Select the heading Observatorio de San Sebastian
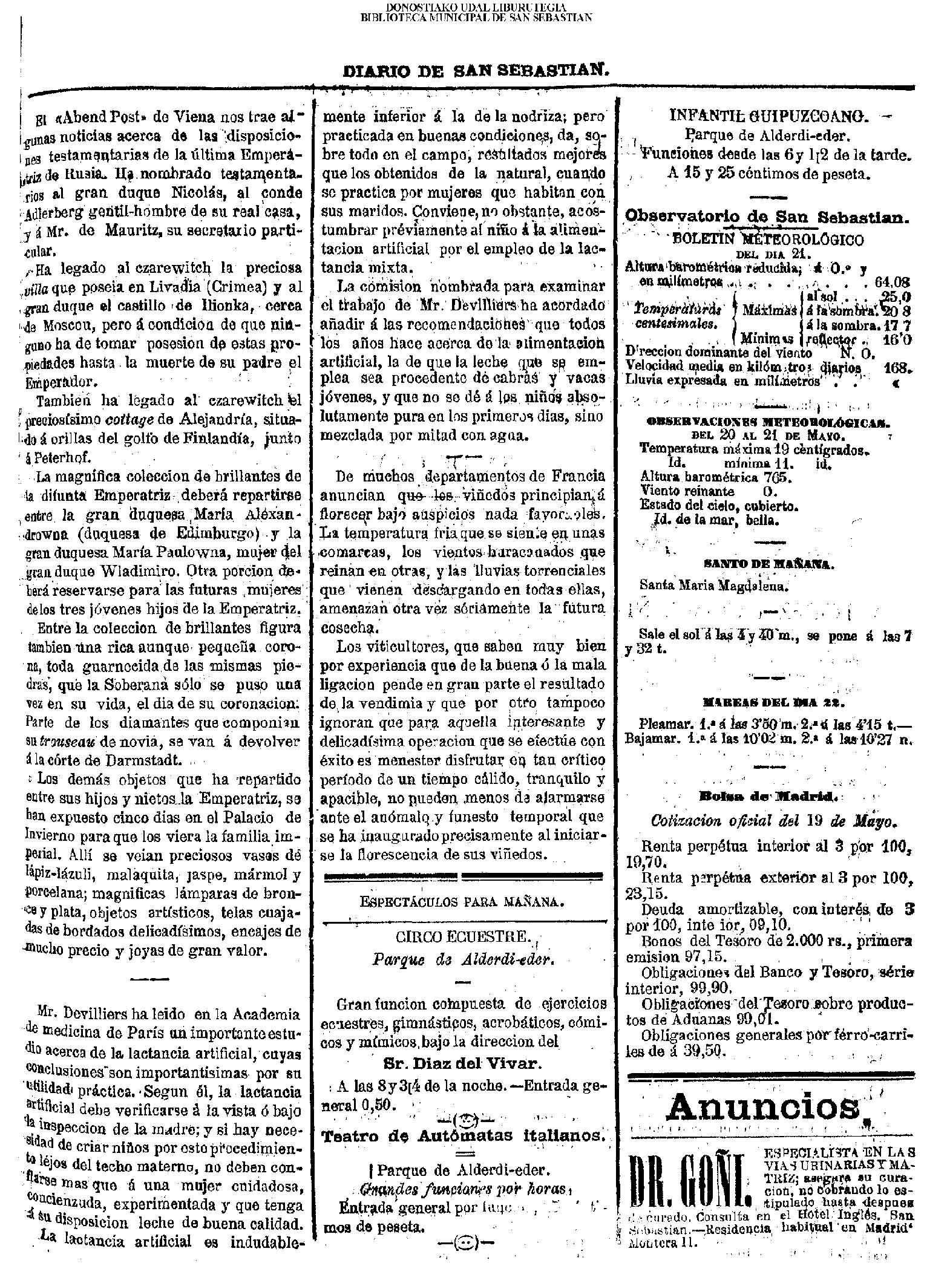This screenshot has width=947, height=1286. (767, 217)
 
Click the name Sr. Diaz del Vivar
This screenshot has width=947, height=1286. (460, 1063)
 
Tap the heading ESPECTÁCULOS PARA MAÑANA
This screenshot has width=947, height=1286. (462, 901)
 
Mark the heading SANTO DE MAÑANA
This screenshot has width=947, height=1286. (768, 564)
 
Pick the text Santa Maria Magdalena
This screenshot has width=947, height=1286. (714, 585)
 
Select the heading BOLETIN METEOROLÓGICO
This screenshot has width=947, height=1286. (768, 240)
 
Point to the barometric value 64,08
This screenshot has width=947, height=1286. (893, 281)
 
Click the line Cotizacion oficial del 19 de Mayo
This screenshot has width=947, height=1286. (773, 821)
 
